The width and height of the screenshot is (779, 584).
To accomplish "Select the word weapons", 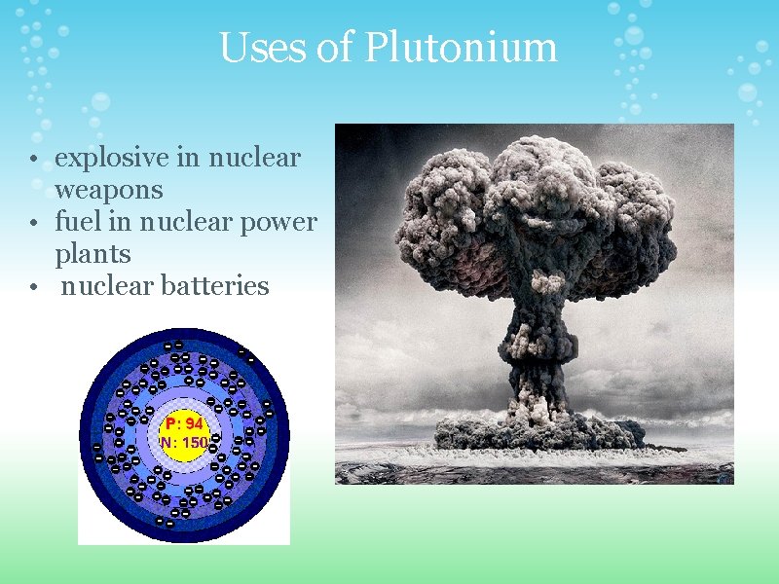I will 109,188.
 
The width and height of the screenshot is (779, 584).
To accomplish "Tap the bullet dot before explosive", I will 33,159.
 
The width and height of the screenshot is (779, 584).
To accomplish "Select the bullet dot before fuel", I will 33,224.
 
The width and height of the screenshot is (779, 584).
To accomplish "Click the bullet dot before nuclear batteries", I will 33,288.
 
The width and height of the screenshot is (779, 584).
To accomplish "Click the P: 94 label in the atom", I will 184,424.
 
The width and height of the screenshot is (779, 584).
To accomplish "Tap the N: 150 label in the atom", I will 184,442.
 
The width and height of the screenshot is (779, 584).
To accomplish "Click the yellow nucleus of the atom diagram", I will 184,433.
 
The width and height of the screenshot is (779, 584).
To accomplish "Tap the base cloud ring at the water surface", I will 538,433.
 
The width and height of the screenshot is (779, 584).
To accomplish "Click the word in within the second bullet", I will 123,222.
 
